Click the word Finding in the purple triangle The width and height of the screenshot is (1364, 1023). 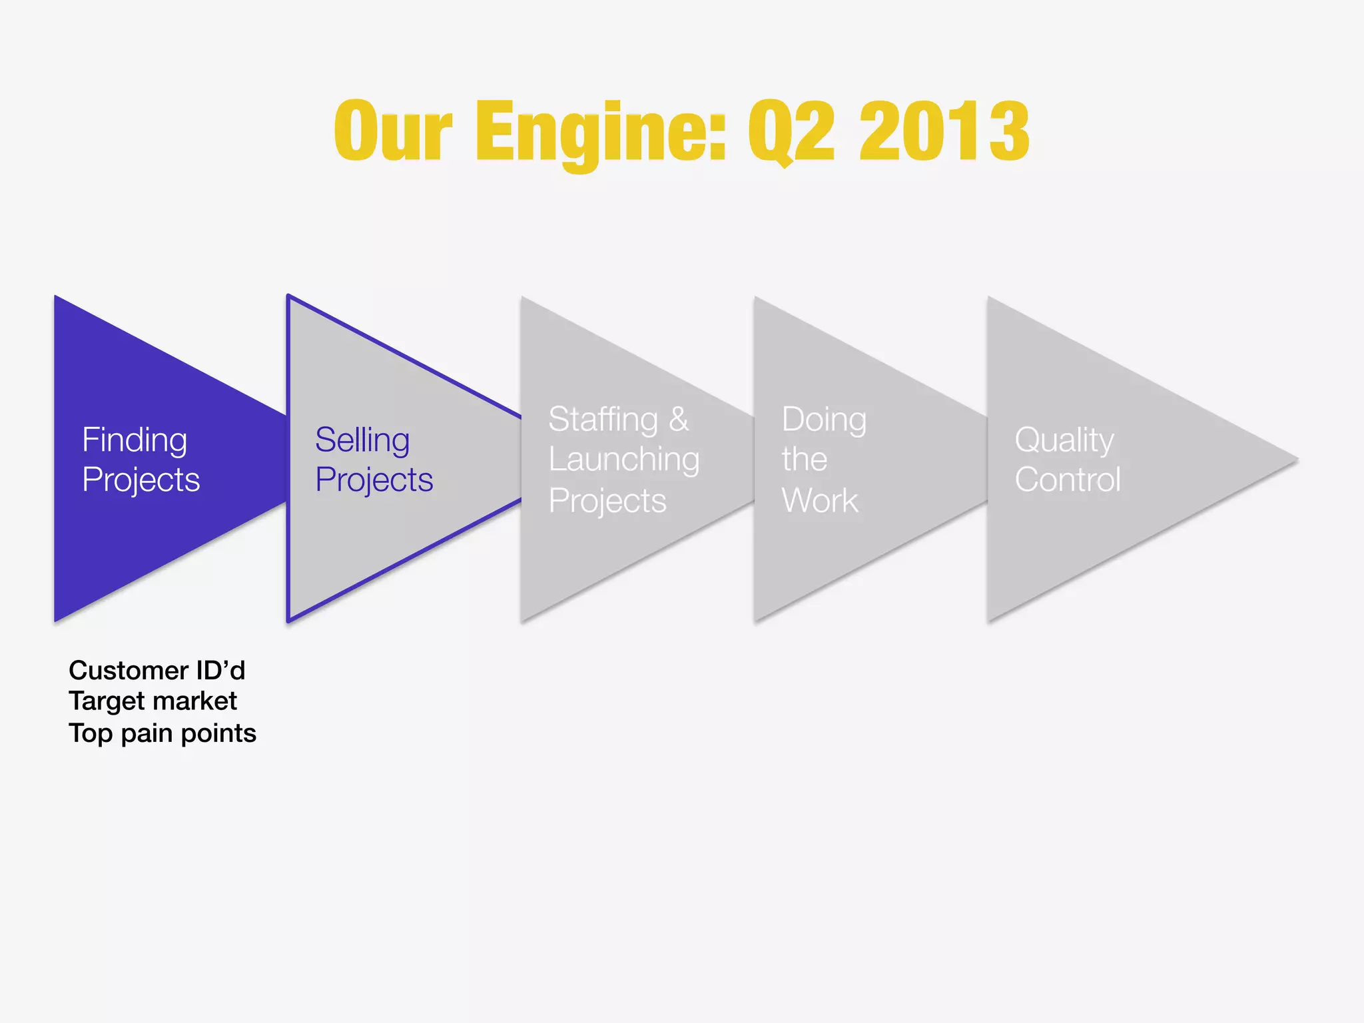(x=135, y=440)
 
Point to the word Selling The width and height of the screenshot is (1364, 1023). (x=362, y=440)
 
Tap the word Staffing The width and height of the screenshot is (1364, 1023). (x=603, y=420)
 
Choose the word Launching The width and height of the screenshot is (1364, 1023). (x=624, y=460)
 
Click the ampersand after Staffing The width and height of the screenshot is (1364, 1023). (x=679, y=420)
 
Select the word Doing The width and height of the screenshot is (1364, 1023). (x=824, y=420)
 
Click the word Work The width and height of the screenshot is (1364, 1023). (x=820, y=500)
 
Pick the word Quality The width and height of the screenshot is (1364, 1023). (x=1064, y=440)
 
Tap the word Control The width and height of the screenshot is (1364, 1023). (x=1068, y=480)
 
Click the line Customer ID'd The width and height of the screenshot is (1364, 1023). (x=157, y=671)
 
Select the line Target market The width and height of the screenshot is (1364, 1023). (x=153, y=701)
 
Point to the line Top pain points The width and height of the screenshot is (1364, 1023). (x=163, y=733)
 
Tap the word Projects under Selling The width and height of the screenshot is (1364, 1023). (x=374, y=480)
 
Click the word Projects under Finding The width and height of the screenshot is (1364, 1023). (x=141, y=480)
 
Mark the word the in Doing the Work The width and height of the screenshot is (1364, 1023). (x=805, y=460)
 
